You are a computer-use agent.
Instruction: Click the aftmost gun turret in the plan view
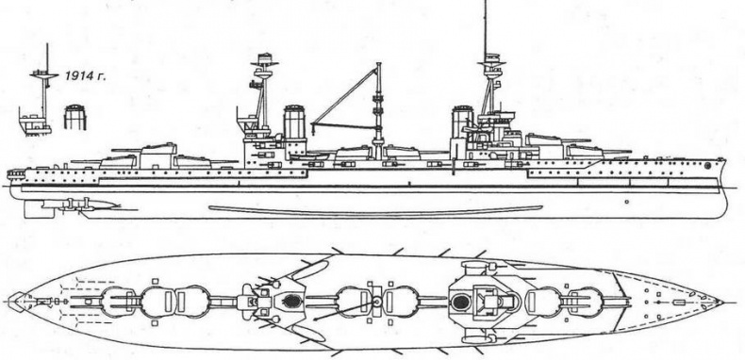[x=118, y=303]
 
